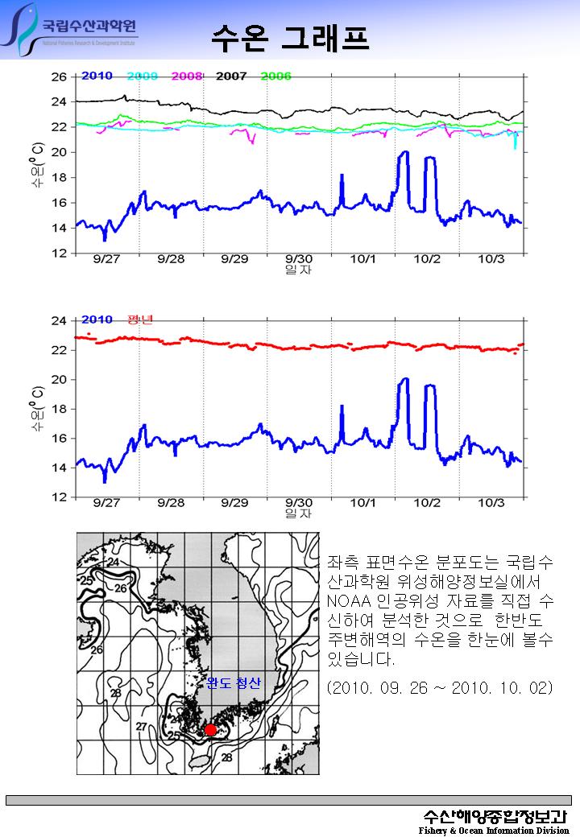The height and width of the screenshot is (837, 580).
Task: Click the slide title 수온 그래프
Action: pyautogui.click(x=290, y=36)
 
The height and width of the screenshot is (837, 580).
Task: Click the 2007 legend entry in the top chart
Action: pyautogui.click(x=231, y=76)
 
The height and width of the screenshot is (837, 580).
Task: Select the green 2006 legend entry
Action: pyautogui.click(x=275, y=76)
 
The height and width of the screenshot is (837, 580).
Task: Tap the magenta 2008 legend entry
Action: pyautogui.click(x=186, y=76)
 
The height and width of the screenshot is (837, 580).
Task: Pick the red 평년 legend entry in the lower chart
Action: pyautogui.click(x=140, y=320)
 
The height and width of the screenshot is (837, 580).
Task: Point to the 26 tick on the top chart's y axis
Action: pyautogui.click(x=59, y=77)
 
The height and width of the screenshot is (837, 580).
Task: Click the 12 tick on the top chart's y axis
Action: pyautogui.click(x=59, y=254)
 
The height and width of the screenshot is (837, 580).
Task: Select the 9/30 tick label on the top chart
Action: pyautogui.click(x=299, y=260)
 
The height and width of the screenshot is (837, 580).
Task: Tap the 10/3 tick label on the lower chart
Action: pyautogui.click(x=491, y=503)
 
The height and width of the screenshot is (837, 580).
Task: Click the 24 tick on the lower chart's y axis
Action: pyautogui.click(x=59, y=321)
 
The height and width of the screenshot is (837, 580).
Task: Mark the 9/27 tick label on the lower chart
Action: pyautogui.click(x=106, y=503)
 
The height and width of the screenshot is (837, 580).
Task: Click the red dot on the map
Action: pyautogui.click(x=210, y=730)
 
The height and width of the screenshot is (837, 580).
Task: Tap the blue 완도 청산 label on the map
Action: pyautogui.click(x=234, y=683)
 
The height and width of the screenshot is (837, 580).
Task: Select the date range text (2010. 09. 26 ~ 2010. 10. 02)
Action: pyautogui.click(x=440, y=689)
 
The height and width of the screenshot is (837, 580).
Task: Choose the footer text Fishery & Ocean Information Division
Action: pyautogui.click(x=494, y=831)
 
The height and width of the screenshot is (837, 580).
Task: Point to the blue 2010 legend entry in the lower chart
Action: pyautogui.click(x=97, y=320)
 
